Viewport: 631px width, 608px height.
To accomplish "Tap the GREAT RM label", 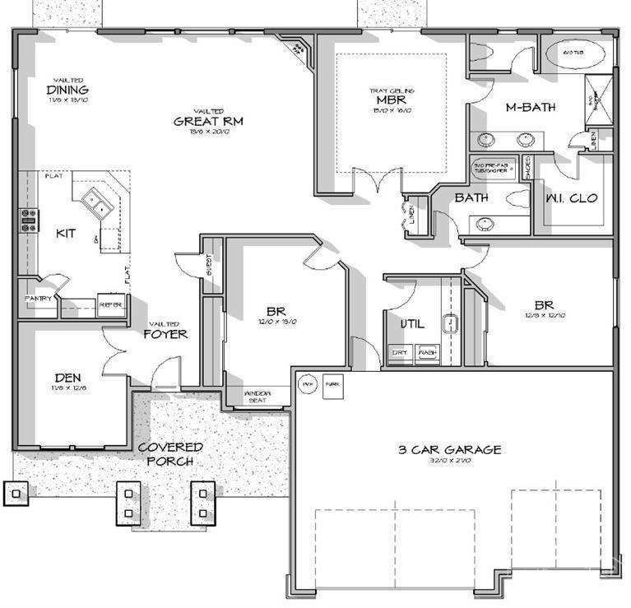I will (x=208, y=121).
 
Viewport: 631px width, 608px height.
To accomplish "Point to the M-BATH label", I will (x=531, y=107).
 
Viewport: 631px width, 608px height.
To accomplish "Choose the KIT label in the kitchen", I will (x=66, y=234).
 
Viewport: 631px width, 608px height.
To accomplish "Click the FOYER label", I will (x=165, y=334).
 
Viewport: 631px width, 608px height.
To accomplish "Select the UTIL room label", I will (x=412, y=324).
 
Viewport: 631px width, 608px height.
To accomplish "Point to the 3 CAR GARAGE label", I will (x=449, y=450).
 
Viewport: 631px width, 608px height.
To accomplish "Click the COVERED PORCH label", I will (x=170, y=454).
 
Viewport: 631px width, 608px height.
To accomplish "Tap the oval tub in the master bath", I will (x=573, y=54).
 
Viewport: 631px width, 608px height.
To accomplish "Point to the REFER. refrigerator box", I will (x=110, y=304).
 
